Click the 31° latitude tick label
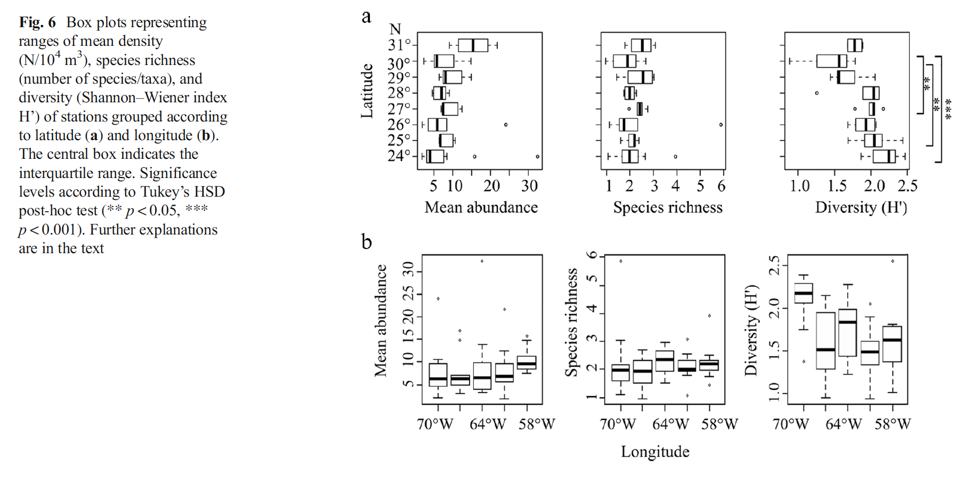(399, 45)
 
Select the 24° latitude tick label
(399, 156)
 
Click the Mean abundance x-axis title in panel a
(481, 207)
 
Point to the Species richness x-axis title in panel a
(667, 207)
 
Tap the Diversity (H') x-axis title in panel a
(861, 207)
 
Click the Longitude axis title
(655, 452)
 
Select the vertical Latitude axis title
(367, 91)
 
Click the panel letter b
(366, 242)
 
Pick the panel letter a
(366, 17)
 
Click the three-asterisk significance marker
(948, 109)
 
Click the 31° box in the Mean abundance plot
(473, 45)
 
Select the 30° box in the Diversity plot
(831, 61)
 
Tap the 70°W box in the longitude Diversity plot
(804, 293)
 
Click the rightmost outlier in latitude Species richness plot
(721, 125)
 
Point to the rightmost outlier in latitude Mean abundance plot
(537, 157)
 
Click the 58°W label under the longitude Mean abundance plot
(537, 424)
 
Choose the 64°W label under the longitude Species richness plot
(670, 424)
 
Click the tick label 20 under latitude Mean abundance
(491, 186)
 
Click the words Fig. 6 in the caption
(37, 22)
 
